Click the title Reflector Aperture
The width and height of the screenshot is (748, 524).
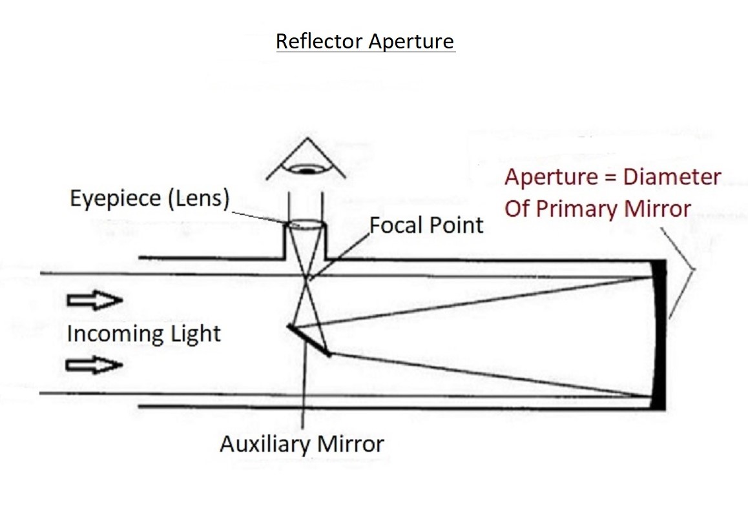click(365, 41)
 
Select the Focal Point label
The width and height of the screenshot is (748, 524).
click(426, 225)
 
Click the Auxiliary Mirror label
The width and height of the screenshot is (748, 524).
click(302, 444)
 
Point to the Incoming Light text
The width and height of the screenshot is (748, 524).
click(143, 334)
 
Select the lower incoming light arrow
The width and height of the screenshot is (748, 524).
click(95, 365)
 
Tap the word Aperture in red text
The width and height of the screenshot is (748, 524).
click(551, 177)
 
